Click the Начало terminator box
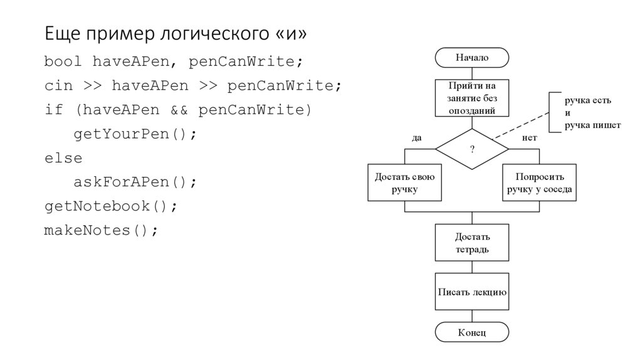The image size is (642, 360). (x=471, y=58)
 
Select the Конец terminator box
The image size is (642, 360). (x=471, y=332)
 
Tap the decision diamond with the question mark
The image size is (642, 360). (x=471, y=149)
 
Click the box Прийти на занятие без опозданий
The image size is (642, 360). (x=471, y=98)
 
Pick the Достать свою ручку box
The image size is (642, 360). (x=404, y=183)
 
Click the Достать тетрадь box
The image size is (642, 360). (x=471, y=243)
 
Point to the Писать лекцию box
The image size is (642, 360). (x=471, y=292)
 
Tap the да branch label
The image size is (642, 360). (x=416, y=137)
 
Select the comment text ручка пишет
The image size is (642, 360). (x=592, y=125)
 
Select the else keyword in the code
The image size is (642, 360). (x=63, y=158)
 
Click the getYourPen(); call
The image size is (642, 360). (x=135, y=134)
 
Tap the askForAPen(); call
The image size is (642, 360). (x=135, y=182)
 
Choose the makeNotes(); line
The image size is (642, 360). (x=101, y=230)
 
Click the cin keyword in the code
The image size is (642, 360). (x=58, y=86)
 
